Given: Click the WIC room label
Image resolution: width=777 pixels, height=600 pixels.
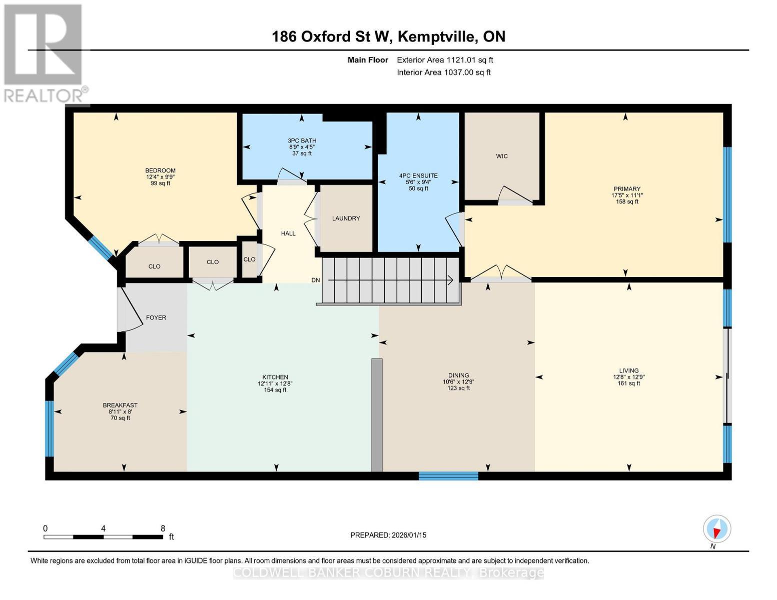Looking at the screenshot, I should pos(501,156).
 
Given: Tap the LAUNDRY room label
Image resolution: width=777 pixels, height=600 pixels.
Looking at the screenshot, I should pos(346,218).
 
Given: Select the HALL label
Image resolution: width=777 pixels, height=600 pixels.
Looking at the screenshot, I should pos(288,233).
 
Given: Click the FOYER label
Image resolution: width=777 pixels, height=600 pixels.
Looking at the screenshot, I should pos(156,317).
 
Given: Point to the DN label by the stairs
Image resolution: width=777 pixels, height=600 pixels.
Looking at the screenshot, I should pos(315,280).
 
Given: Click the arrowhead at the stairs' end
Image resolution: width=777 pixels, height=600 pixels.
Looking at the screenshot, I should pos(450,280).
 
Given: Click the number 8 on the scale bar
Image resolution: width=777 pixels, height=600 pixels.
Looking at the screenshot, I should pos(163,528).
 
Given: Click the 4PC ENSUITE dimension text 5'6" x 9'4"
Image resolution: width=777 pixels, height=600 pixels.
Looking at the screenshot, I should pos(418,182).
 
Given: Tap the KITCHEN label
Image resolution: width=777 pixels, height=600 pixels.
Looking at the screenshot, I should pos(275,377).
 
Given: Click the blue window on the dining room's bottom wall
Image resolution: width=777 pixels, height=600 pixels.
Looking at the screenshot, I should pos(448,475).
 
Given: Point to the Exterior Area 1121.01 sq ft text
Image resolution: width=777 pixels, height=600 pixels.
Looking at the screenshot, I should pos(445,60).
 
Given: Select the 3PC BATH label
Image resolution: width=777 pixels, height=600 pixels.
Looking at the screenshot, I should pos(302,140).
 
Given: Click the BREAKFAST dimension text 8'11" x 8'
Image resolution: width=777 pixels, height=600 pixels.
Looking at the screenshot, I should pos(120,411).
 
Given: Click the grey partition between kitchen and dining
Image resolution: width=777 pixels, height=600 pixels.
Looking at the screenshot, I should pos(377,414).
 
